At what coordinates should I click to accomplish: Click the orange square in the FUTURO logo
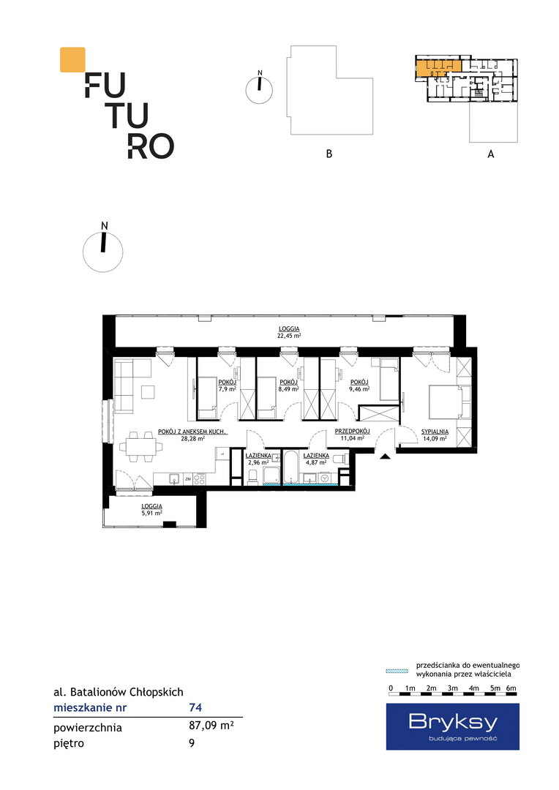72,59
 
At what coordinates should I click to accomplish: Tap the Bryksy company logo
453,726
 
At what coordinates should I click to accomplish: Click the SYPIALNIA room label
435,432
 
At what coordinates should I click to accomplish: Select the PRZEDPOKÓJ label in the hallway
353,432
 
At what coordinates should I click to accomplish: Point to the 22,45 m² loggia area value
289,336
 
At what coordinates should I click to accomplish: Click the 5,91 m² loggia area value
151,513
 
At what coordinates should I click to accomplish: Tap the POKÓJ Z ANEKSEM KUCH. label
192,432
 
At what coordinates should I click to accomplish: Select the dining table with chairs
141,446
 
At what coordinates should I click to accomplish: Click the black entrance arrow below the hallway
385,456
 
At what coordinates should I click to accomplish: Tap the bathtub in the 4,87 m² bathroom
291,467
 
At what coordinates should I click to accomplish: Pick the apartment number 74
195,707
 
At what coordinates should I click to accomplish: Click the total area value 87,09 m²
211,726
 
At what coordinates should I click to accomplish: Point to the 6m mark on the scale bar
511,688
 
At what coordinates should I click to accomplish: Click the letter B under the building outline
329,154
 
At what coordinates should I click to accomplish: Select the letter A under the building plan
491,154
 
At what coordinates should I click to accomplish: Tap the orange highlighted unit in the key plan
438,67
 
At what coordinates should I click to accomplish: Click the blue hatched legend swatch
397,671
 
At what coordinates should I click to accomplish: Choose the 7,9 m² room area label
228,389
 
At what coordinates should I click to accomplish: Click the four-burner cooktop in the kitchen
199,478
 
